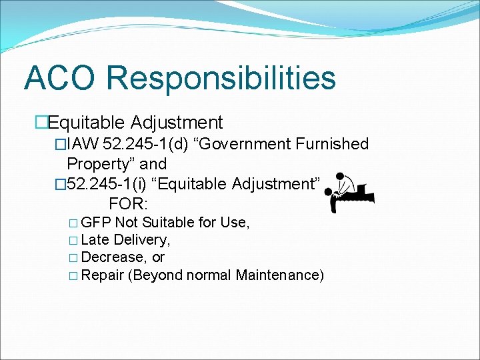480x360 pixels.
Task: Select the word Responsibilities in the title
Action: pyautogui.click(x=221, y=78)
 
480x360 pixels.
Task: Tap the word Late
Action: pyautogui.click(x=95, y=240)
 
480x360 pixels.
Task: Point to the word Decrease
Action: pyautogui.click(x=113, y=257)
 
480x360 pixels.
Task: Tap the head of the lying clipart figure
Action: pyautogui.click(x=328, y=192)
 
